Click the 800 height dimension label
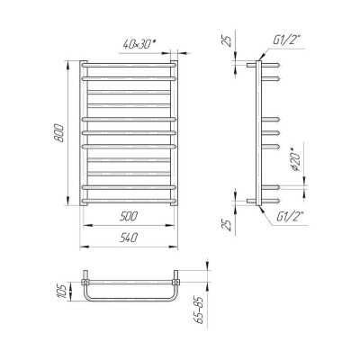coord(59,133)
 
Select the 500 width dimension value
coord(129,216)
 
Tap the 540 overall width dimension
coord(129,238)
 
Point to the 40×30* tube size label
coord(139,44)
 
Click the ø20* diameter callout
coord(296,161)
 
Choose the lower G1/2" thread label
coord(290,216)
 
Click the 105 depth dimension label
coord(61,292)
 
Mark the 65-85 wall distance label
coord(199,310)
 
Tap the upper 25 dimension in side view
coord(228,40)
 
